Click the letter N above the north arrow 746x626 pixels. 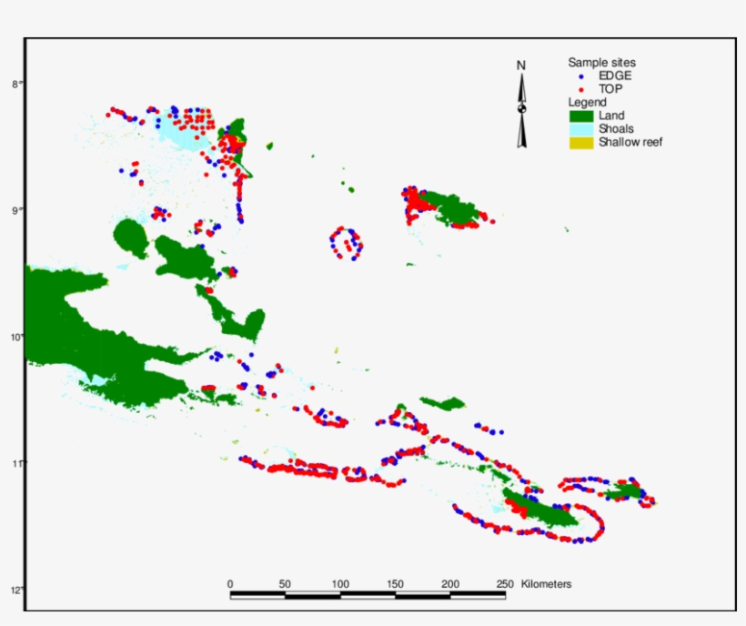click(521, 66)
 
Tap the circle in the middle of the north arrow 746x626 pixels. click(522, 109)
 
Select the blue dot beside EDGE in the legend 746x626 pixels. click(580, 76)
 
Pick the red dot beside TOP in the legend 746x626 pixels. click(580, 89)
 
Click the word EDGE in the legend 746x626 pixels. click(616, 76)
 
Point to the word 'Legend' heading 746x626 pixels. click(587, 103)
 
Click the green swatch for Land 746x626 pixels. click(580, 116)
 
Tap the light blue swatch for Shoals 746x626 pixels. click(580, 129)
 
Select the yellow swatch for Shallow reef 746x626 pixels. click(580, 142)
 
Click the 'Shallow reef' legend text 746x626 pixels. click(630, 142)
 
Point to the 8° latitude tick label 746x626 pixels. click(15, 84)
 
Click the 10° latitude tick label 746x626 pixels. click(15, 337)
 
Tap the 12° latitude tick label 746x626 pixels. click(15, 590)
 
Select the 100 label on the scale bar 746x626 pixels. click(340, 583)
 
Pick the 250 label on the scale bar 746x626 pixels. click(505, 583)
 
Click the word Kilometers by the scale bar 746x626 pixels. click(547, 583)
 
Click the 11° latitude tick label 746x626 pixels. click(15, 463)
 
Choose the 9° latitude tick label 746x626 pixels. click(15, 210)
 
